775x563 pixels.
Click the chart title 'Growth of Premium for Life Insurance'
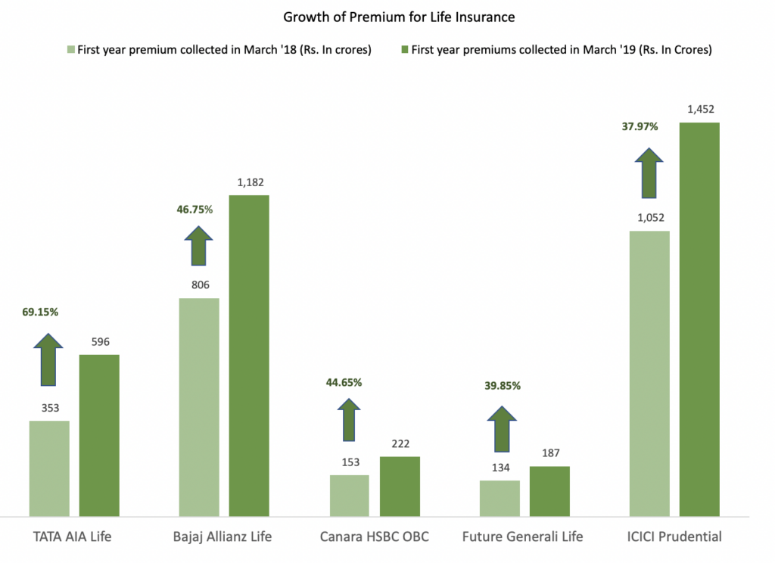(387, 16)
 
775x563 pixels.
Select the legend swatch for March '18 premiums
(70, 50)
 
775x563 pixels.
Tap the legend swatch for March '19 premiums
(405, 50)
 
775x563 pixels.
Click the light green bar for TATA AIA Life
(49, 468)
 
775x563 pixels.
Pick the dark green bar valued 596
(99, 435)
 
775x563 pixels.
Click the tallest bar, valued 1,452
(699, 318)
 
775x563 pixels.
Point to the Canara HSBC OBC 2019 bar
(400, 486)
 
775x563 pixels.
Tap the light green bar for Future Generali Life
(500, 498)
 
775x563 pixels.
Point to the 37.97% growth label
(640, 126)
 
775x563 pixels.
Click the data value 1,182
(249, 182)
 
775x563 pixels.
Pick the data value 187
(549, 453)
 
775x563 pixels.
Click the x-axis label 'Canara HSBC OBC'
(375, 537)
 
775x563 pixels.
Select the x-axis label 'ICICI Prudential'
(674, 537)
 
